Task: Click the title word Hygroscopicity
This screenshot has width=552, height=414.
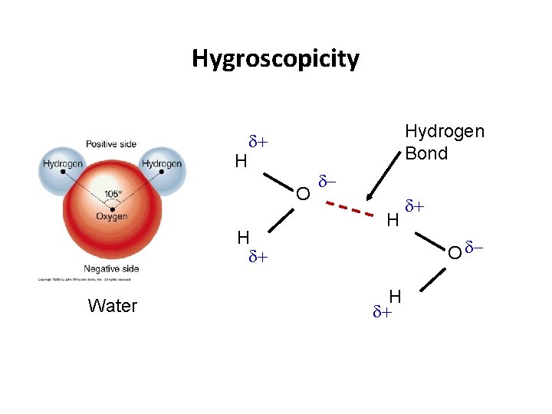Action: [275, 58]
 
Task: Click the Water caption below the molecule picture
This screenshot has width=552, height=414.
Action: [113, 306]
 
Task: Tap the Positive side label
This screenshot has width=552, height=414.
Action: [112, 143]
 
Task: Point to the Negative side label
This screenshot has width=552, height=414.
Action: [112, 268]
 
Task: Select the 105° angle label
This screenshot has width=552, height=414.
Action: [113, 194]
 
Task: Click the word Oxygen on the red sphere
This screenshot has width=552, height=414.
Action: [112, 216]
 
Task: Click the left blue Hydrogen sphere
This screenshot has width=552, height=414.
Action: [63, 164]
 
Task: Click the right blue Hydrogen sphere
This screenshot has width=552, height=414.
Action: [162, 164]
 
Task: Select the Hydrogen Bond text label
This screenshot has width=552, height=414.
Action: [445, 142]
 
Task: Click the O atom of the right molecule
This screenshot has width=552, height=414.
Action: [455, 251]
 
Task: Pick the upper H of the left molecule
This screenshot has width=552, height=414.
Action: [241, 161]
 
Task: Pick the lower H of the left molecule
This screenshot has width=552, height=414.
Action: [243, 237]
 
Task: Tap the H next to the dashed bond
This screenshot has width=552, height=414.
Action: [393, 222]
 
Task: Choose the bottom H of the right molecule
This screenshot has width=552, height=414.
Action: [396, 297]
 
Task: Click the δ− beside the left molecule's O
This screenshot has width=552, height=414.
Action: [327, 182]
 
